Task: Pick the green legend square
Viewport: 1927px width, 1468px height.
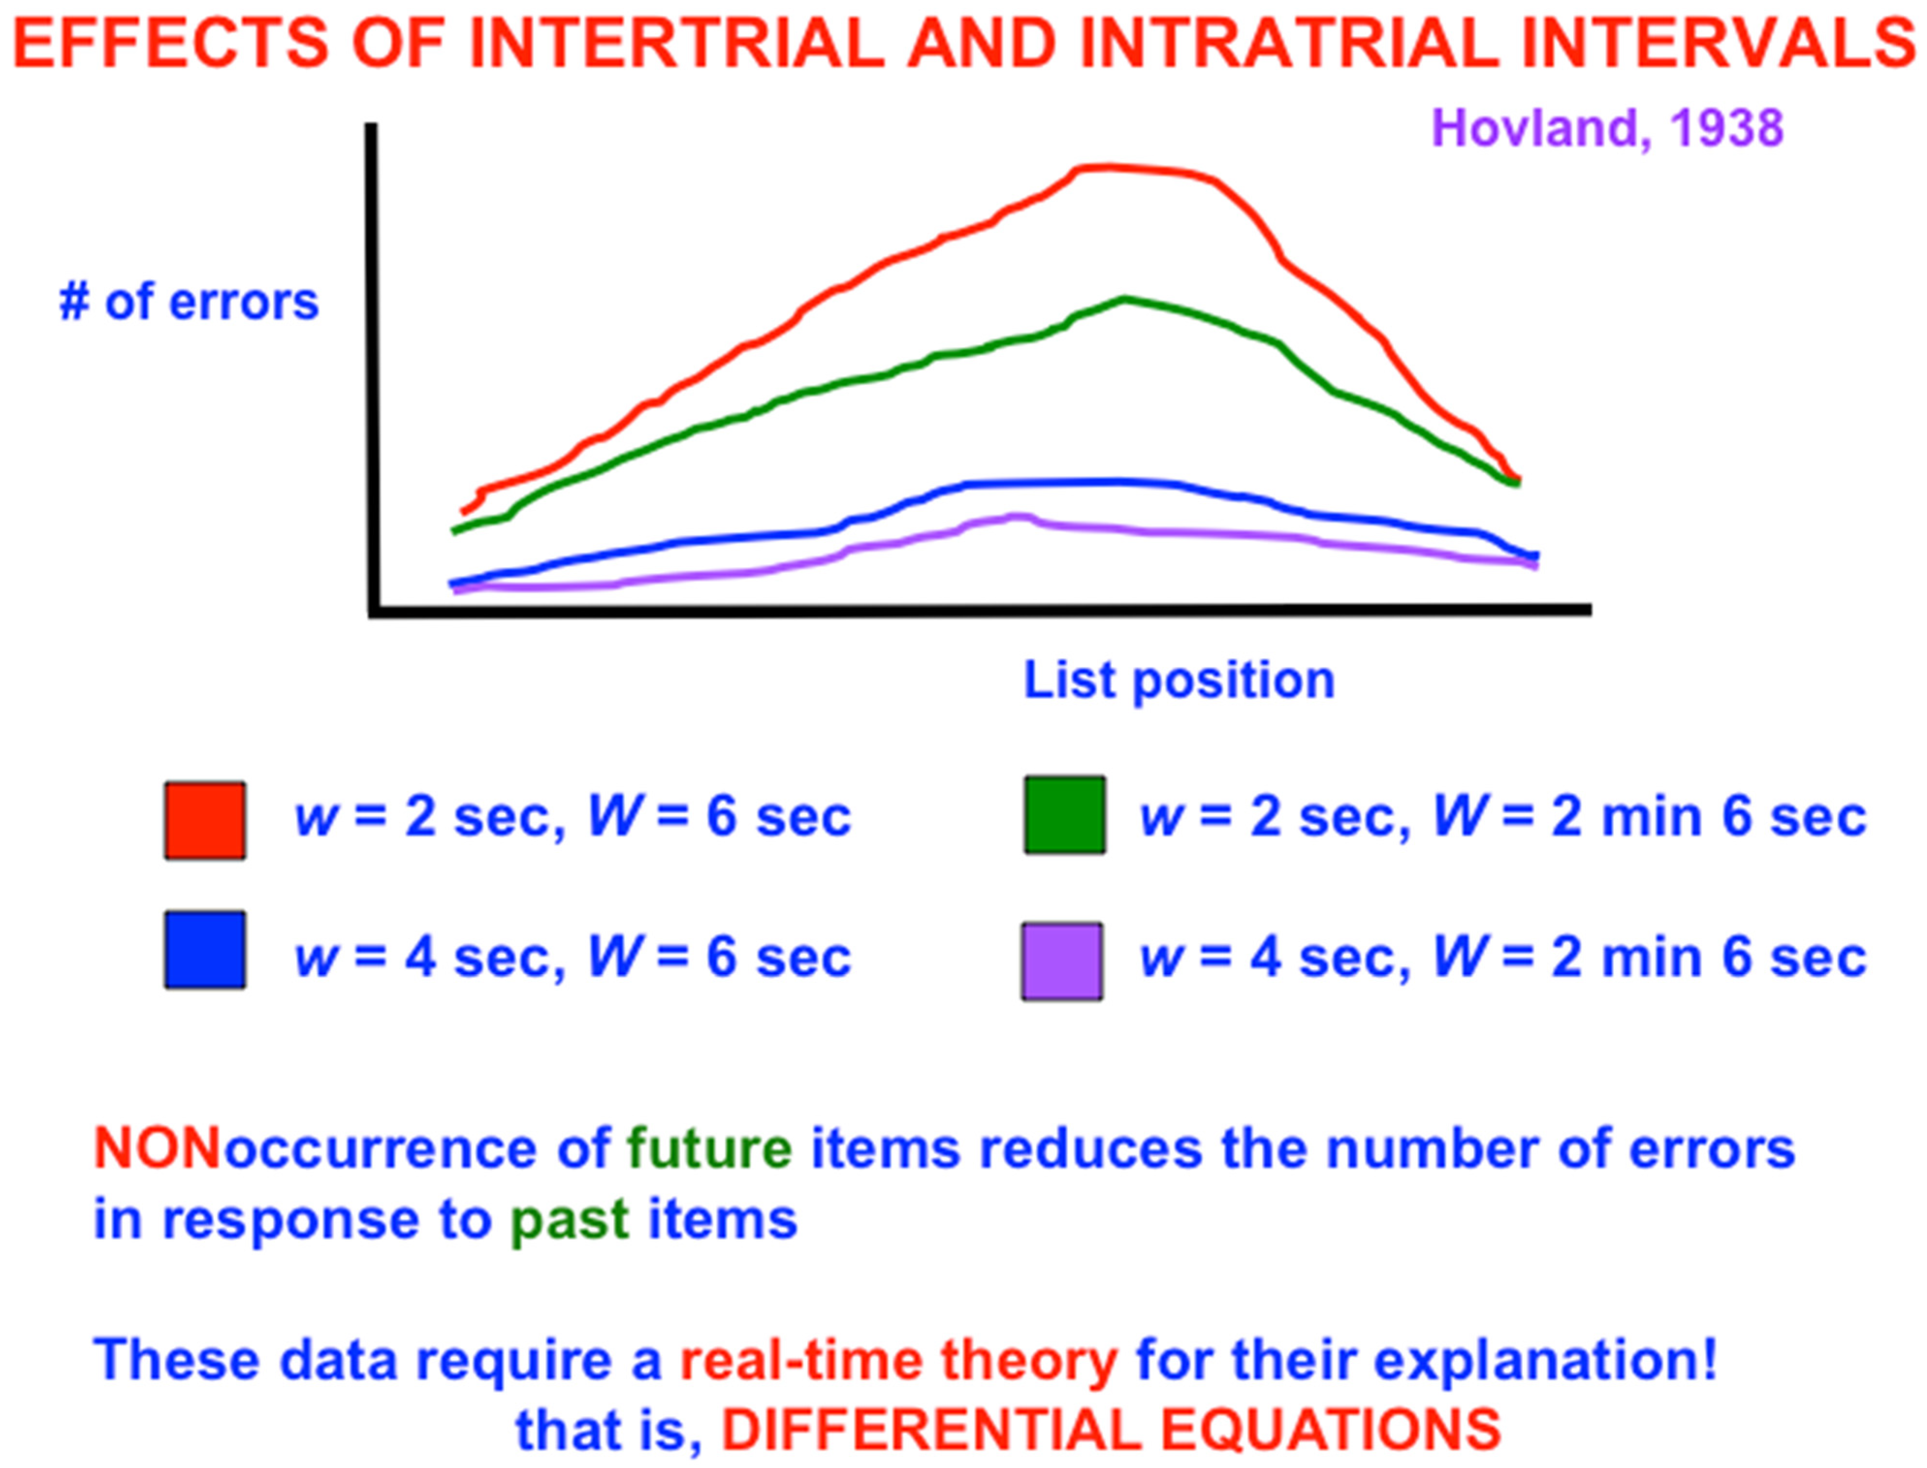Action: (1064, 814)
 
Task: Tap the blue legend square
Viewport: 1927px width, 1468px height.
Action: (205, 950)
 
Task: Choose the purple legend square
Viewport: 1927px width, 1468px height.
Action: (1062, 961)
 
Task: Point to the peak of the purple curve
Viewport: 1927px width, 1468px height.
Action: (1018, 517)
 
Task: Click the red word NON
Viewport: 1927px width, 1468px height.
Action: (158, 1148)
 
